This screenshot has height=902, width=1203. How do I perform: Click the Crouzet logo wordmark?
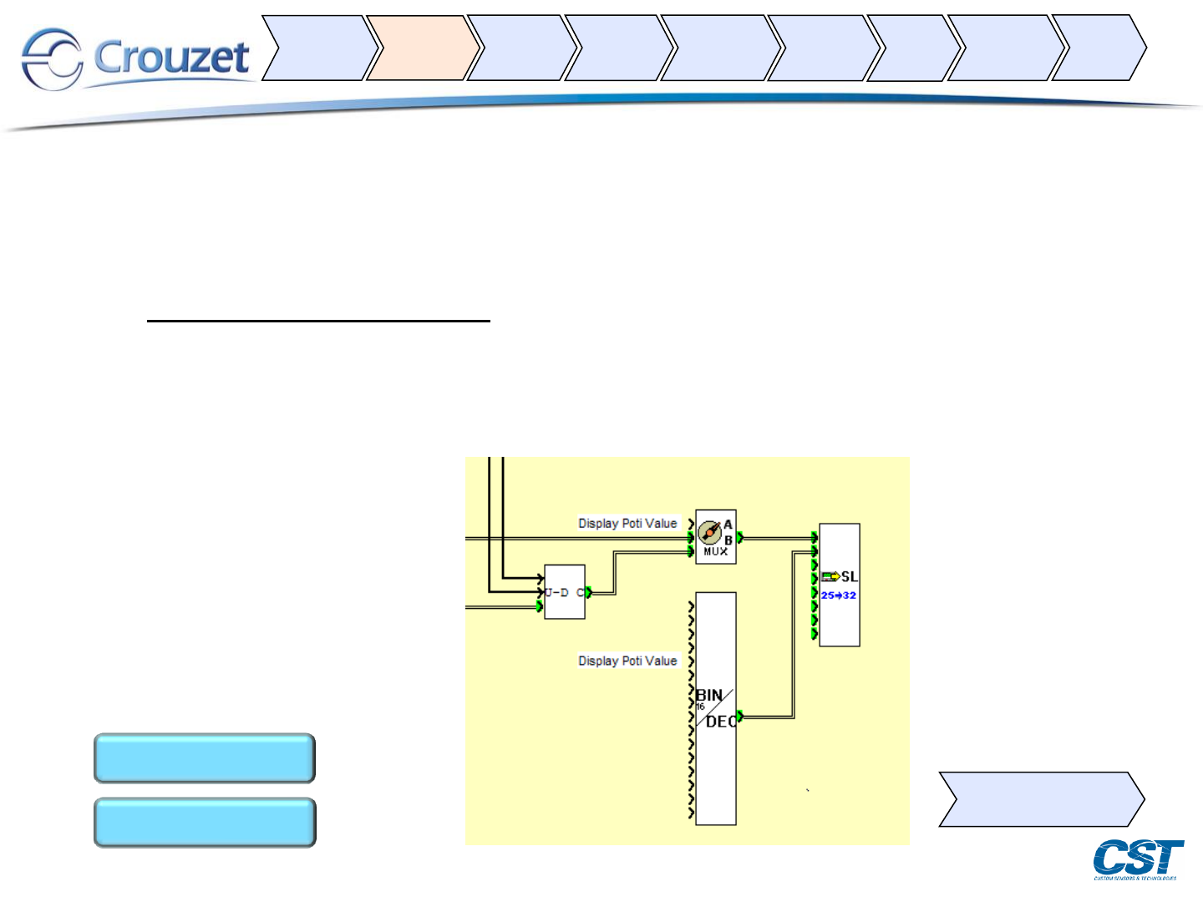[171, 58]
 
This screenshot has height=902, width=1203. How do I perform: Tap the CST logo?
[1138, 859]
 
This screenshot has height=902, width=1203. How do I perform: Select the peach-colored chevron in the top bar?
[422, 48]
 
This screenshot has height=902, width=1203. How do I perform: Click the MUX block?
[716, 537]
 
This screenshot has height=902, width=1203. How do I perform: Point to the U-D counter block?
[564, 592]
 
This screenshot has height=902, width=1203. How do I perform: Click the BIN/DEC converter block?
[716, 709]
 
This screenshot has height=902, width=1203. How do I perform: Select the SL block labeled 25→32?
[840, 585]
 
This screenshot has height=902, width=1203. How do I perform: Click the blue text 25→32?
[838, 595]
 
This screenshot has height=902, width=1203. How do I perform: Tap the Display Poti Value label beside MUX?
[627, 524]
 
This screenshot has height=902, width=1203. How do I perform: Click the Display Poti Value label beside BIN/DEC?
[627, 661]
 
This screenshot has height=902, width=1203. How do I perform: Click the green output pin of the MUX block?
[740, 537]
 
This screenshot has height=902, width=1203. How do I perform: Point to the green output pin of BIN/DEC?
[740, 717]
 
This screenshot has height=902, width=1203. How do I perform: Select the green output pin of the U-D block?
[589, 592]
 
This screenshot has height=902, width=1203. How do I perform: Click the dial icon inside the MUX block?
[709, 532]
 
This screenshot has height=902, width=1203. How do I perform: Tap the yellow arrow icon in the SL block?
[830, 576]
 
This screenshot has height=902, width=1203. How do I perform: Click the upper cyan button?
[205, 758]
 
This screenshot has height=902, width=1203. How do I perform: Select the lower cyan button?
[205, 823]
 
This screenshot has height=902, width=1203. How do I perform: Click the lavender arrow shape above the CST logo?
[1041, 799]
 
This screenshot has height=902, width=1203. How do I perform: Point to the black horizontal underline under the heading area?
[318, 320]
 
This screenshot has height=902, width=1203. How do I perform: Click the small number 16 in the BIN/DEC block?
[700, 707]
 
